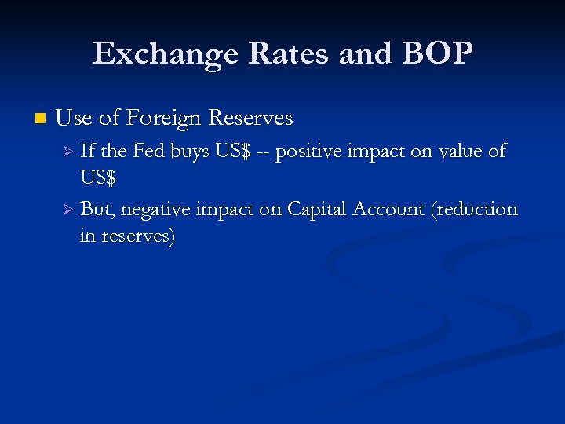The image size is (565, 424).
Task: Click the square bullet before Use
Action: [x=39, y=119]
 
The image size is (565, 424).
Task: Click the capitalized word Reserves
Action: [x=250, y=119]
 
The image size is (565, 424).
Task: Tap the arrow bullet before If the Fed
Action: [x=68, y=152]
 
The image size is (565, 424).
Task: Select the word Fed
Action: [x=148, y=151]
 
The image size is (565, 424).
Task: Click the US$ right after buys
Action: [x=233, y=152]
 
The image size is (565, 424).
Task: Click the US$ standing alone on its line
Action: [x=98, y=178]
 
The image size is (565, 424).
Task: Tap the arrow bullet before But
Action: [x=68, y=210]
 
